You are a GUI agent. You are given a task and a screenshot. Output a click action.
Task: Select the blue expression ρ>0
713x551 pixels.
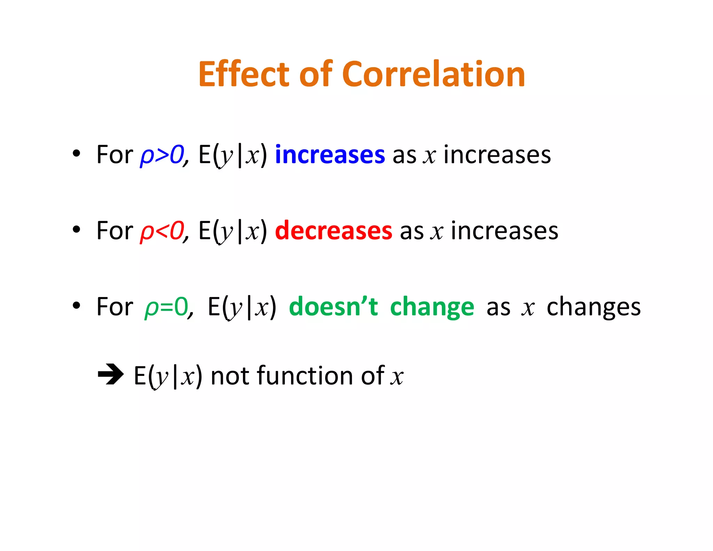162,155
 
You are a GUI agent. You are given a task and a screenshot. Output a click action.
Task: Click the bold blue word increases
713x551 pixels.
330,155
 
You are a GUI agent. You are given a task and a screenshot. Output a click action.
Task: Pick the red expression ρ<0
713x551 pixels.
162,231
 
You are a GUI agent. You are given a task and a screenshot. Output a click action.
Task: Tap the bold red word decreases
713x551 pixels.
333,231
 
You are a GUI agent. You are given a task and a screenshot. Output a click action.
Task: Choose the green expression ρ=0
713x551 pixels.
166,307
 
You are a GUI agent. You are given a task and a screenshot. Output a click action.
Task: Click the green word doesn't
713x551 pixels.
333,307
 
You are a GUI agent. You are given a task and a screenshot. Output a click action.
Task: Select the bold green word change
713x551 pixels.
432,307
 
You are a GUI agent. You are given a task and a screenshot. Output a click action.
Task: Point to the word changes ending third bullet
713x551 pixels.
593,307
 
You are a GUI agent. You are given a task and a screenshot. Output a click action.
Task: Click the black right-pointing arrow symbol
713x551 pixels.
110,375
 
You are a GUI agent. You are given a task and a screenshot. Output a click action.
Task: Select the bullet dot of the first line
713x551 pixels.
76,154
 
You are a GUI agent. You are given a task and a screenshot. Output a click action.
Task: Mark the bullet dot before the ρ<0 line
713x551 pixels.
76,230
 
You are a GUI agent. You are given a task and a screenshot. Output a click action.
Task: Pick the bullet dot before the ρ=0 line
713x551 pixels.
76,305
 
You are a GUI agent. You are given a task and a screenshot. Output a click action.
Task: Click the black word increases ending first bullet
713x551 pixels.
497,155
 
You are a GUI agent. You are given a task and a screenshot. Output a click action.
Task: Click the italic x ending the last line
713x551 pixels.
397,377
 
